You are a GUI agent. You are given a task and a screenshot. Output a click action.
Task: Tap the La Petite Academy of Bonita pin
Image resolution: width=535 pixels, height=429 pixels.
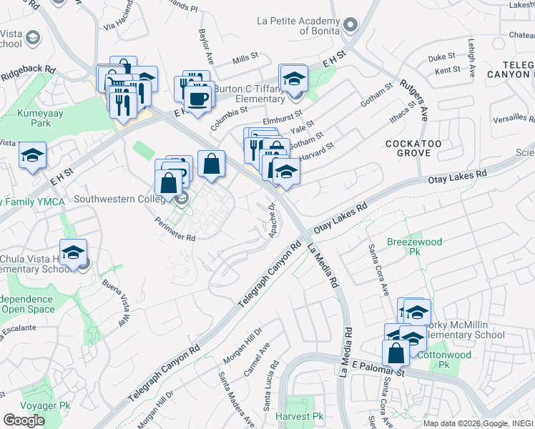[350, 26]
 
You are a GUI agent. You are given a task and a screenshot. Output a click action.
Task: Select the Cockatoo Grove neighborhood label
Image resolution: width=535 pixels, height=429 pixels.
[408, 148]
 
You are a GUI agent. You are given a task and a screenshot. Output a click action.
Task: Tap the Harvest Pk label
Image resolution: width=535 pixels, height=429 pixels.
[299, 416]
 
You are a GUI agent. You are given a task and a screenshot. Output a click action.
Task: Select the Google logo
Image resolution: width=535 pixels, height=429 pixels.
[24, 420]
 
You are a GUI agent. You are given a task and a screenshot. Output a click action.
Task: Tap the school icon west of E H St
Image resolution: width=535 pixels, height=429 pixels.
[32, 157]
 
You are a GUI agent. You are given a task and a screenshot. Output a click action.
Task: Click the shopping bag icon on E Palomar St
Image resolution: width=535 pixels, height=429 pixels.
[396, 353]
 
